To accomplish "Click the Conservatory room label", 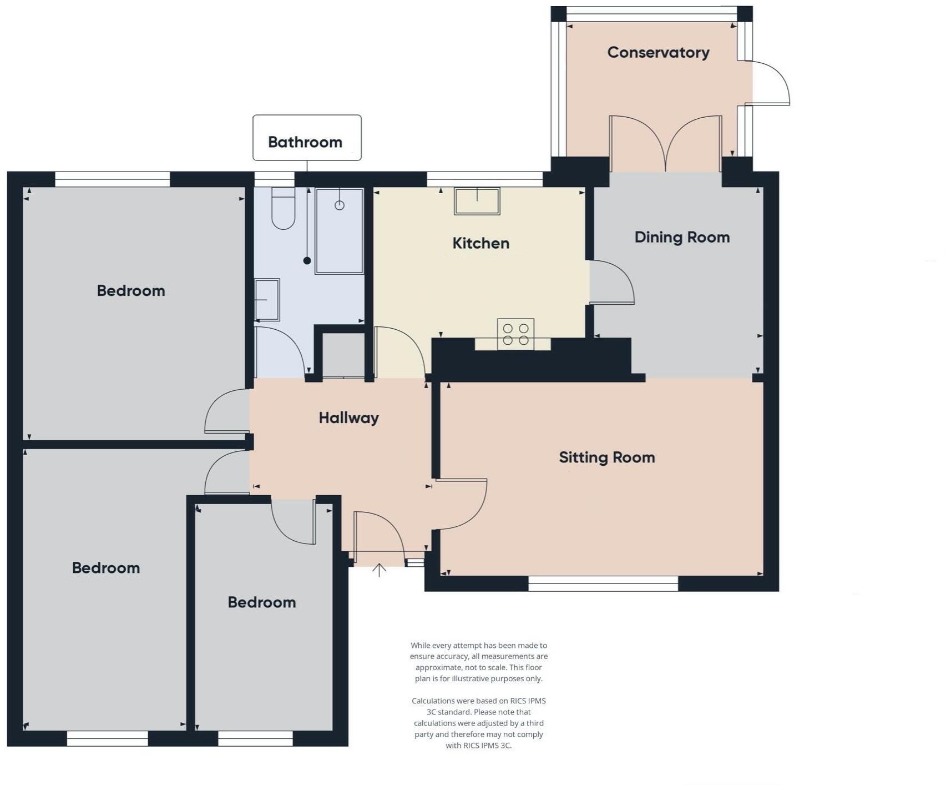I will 658,52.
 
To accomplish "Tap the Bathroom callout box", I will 307,138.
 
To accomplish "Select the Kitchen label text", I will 480,243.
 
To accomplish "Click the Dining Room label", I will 682,237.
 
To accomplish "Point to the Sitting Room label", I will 606,457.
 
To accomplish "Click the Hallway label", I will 348,417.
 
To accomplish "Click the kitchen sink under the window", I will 477,201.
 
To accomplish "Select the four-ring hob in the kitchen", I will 515,334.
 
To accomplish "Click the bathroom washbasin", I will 267,300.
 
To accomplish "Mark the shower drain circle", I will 340,205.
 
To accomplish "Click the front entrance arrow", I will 379,570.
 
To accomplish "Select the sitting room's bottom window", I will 603,583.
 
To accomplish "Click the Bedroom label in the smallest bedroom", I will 261,602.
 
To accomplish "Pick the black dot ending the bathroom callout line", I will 307,260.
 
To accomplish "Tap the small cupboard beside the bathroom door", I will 343,355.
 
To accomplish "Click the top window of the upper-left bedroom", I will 113,179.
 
